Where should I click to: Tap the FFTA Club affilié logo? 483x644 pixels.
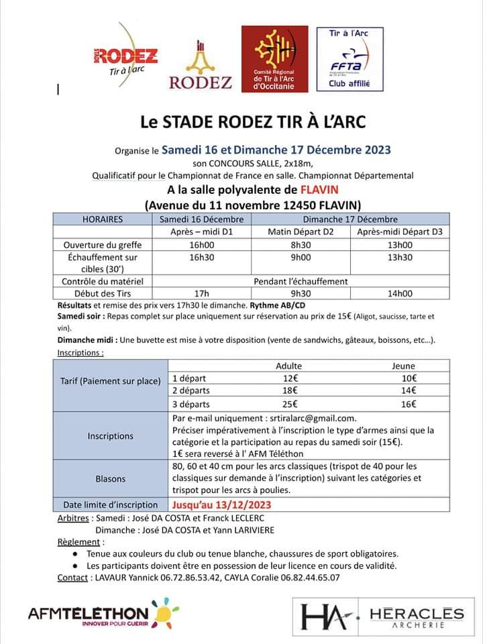tap(349, 59)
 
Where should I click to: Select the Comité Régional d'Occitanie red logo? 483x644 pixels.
tap(274, 59)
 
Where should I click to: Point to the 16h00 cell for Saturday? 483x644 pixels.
tap(201, 245)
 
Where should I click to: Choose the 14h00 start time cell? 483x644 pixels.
tap(400, 293)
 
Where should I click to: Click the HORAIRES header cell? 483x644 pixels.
tap(102, 219)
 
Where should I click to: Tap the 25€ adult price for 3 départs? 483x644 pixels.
tap(289, 404)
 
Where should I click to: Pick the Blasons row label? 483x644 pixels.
tap(110, 479)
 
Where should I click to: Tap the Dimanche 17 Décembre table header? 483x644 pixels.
tap(350, 219)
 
